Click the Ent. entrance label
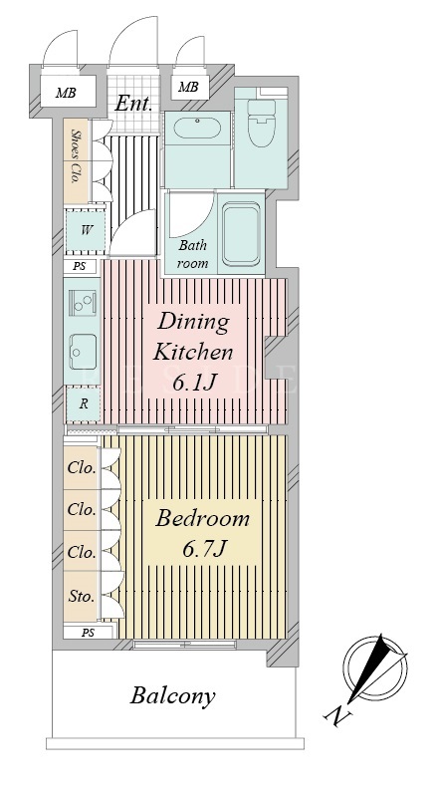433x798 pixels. click(133, 105)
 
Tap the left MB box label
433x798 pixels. click(66, 93)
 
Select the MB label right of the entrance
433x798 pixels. click(188, 87)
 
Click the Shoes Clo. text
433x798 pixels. click(77, 157)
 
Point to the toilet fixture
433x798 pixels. click(261, 123)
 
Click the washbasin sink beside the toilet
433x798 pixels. click(197, 128)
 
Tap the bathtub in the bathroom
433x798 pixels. click(242, 233)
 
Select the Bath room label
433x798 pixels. click(193, 254)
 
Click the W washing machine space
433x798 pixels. click(86, 230)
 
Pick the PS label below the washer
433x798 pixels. click(80, 266)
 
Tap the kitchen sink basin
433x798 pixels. click(83, 352)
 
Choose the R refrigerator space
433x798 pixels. click(84, 404)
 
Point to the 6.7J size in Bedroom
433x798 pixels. click(203, 549)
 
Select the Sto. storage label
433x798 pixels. click(82, 596)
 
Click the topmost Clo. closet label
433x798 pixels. click(82, 467)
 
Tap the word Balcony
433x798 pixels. click(173, 696)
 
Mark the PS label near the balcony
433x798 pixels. click(89, 633)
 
